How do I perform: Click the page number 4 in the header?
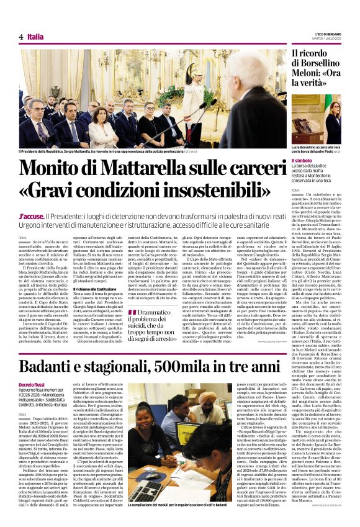[x=21, y=37]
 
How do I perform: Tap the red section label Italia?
[x=35, y=37]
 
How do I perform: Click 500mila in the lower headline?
[x=193, y=367]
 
